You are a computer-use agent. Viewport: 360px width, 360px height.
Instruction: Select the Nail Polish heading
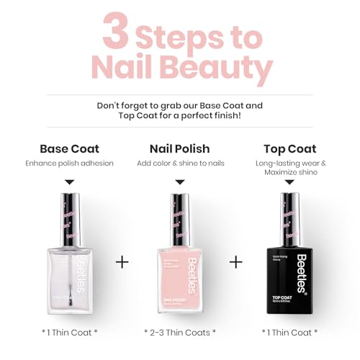[x=180, y=149]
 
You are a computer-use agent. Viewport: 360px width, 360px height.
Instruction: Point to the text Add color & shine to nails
[x=180, y=163]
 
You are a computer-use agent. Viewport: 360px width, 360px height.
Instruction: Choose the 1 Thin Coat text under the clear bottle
[x=73, y=333]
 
